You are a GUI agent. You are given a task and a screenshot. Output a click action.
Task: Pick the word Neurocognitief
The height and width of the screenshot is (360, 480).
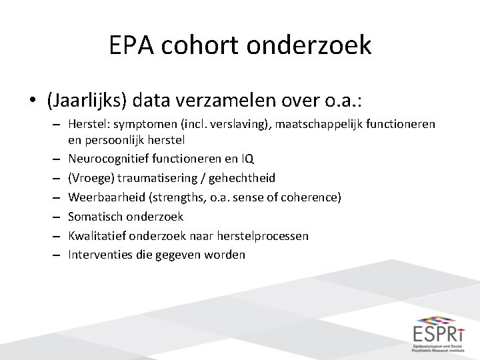coord(104,159)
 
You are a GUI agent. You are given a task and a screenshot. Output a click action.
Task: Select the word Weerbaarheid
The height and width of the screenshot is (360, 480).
coord(101,197)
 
